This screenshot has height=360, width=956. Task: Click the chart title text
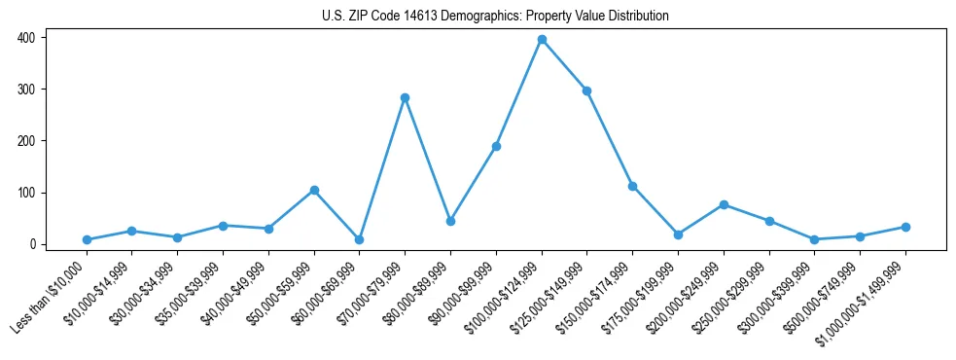coord(495,16)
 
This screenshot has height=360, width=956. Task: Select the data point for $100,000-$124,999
coord(542,40)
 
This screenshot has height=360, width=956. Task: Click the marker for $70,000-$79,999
coord(405,97)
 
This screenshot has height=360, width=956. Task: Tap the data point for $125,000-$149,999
coord(586,90)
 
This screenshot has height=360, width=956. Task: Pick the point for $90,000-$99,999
coord(496,146)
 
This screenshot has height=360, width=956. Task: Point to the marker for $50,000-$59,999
coord(313,190)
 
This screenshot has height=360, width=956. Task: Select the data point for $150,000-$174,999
coord(632,186)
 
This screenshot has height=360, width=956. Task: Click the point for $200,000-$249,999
coord(724,204)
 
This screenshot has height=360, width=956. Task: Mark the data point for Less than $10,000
coord(87,239)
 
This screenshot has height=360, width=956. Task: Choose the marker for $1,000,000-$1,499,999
coord(905,227)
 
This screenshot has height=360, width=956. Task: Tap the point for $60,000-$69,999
coord(359,239)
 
